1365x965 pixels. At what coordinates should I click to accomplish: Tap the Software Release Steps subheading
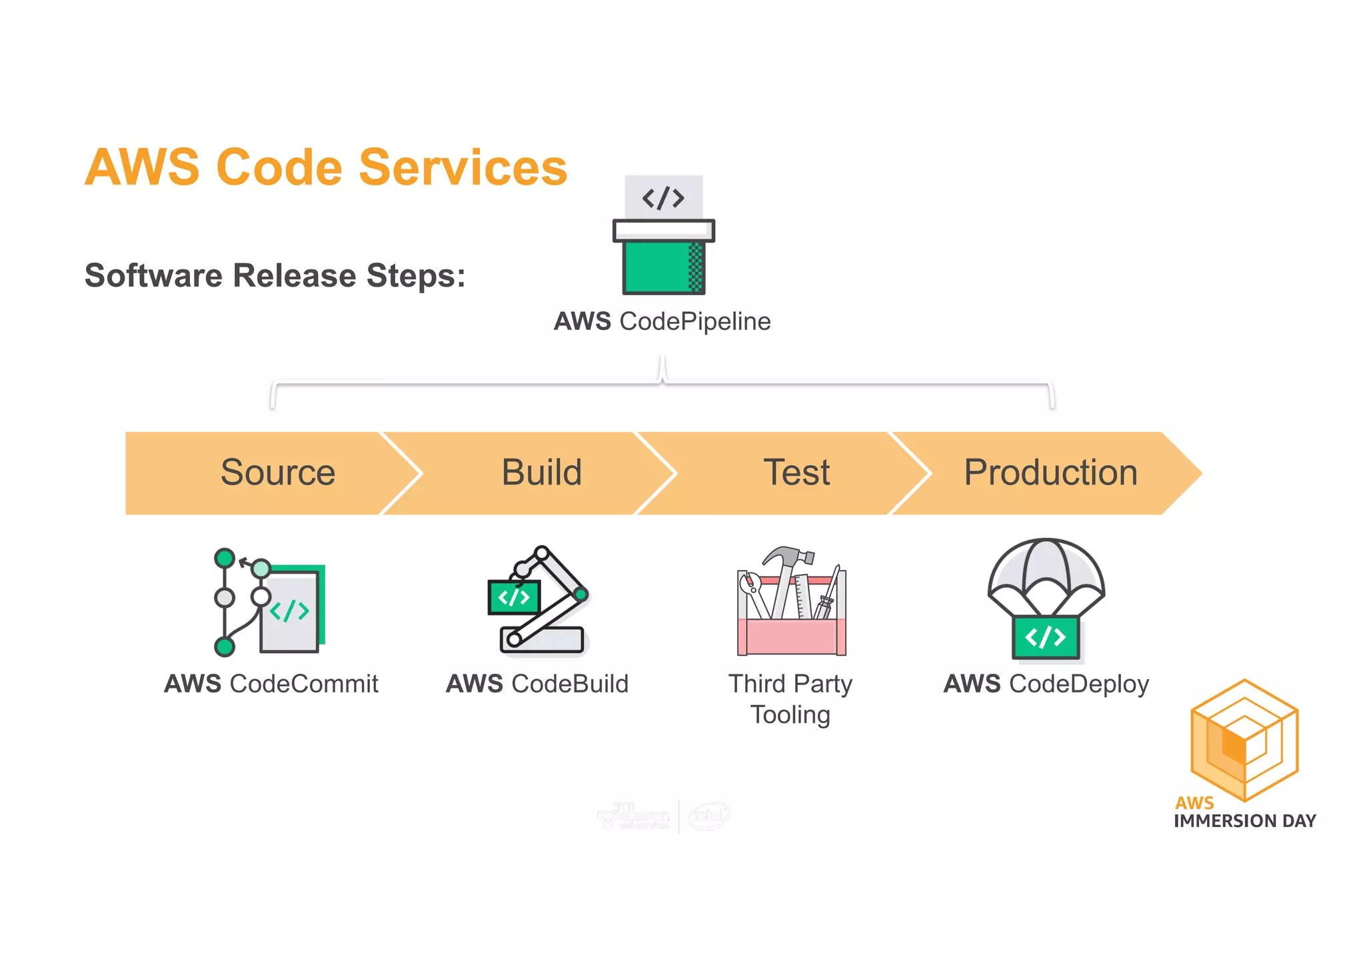[275, 275]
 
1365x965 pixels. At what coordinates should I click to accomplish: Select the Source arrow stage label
[278, 473]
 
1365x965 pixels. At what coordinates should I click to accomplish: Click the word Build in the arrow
[541, 473]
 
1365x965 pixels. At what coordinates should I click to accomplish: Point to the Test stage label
[796, 473]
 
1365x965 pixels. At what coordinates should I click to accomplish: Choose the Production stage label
[1050, 473]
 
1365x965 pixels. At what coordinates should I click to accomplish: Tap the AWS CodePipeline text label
[662, 321]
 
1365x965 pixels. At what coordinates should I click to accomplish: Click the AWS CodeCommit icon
[269, 602]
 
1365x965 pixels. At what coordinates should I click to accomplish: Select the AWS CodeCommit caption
[271, 684]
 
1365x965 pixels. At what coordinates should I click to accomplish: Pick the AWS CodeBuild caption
[537, 684]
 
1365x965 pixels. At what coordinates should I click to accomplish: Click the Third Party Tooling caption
[790, 699]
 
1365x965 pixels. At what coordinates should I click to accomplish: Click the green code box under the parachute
[1046, 637]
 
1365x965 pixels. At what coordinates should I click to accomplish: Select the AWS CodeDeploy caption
[1046, 684]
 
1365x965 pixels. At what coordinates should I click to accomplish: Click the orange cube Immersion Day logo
[1244, 740]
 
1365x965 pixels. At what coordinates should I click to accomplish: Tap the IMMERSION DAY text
[1244, 821]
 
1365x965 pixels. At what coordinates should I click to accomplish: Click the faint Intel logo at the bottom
[709, 816]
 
